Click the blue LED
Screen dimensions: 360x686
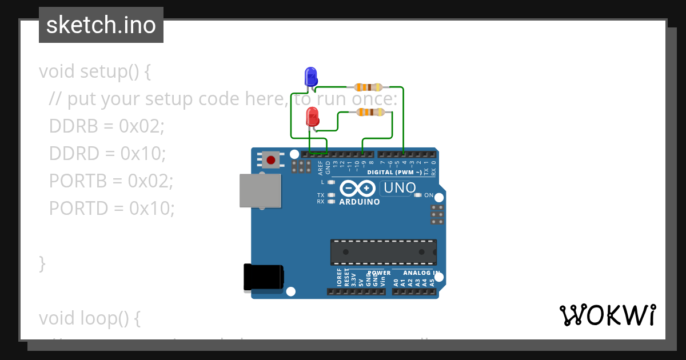click(310, 77)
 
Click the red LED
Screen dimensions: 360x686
click(312, 117)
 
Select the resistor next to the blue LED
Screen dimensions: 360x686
click(368, 87)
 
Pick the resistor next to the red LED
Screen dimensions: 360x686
click(370, 113)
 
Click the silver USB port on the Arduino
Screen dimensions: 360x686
click(261, 190)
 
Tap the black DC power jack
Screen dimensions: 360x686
click(263, 277)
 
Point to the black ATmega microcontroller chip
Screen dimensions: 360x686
click(383, 252)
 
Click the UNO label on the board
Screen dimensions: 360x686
click(400, 187)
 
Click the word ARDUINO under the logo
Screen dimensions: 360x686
click(360, 202)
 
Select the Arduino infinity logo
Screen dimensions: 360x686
click(357, 188)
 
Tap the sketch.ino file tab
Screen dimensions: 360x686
click(101, 25)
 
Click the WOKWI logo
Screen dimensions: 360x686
click(607, 315)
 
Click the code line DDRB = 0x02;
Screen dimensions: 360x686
click(107, 126)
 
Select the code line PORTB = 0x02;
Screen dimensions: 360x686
click(111, 181)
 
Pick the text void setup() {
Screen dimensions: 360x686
click(95, 71)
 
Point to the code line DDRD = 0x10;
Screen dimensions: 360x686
click(107, 153)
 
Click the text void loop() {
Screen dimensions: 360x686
click(90, 318)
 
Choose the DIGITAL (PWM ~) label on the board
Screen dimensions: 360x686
click(395, 172)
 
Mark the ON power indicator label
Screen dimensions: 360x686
click(428, 195)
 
